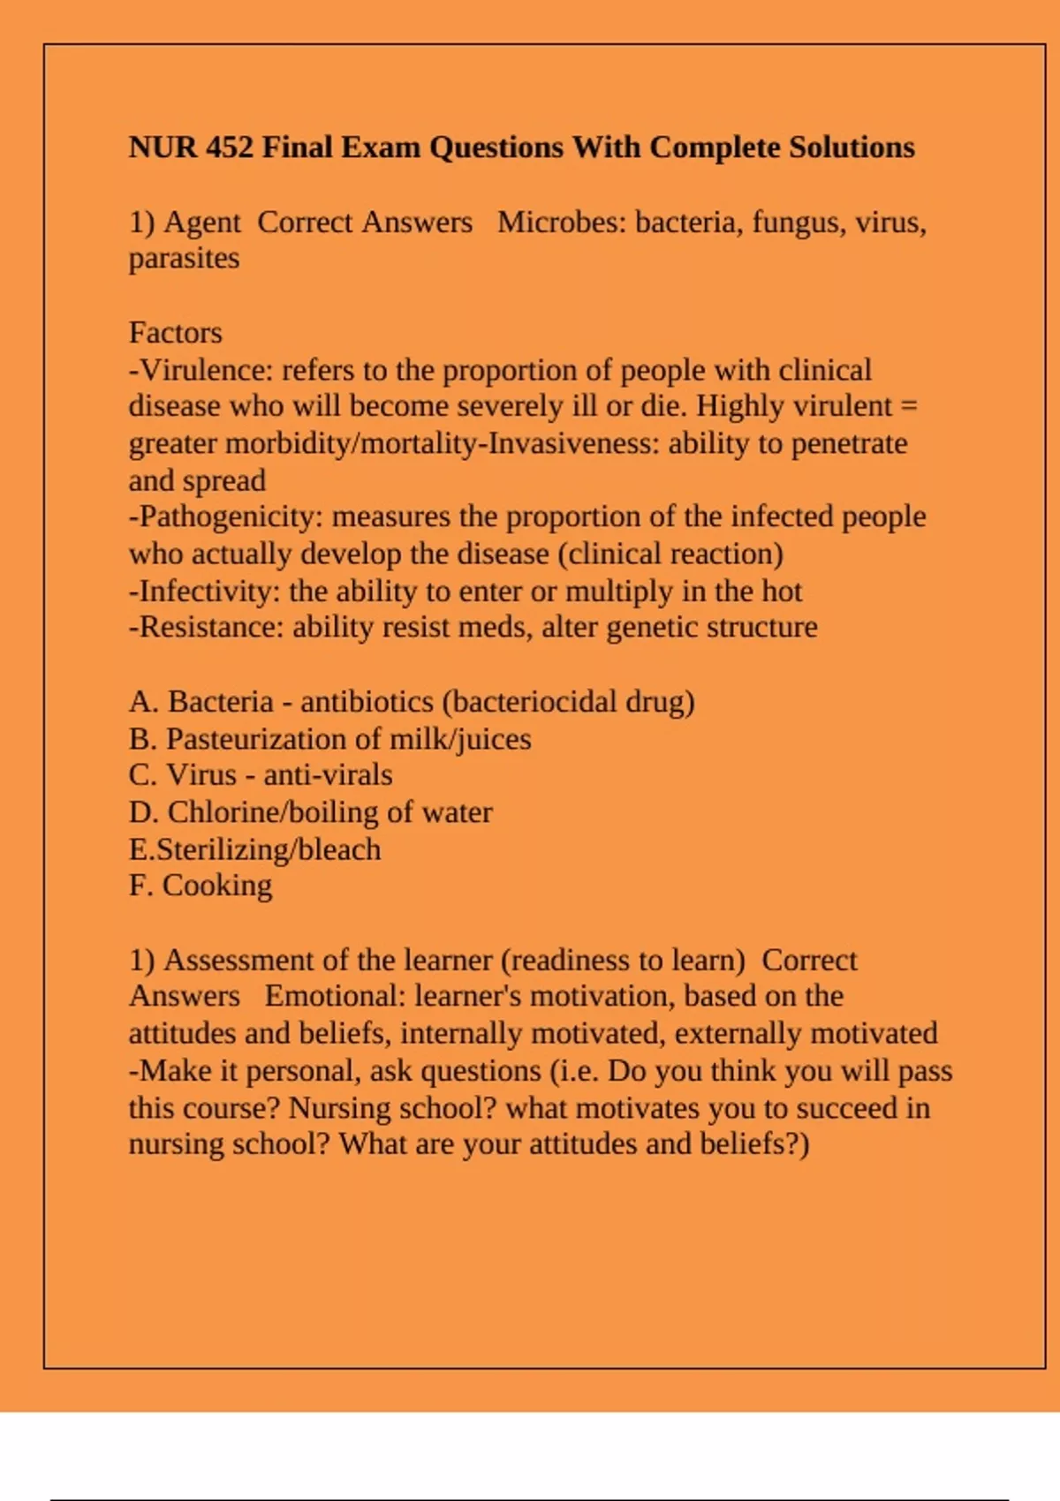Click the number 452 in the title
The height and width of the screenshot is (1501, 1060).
point(229,147)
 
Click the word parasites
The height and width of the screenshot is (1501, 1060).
point(184,259)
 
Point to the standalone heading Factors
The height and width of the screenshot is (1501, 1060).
point(175,333)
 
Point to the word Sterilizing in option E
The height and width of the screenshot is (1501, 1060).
point(221,849)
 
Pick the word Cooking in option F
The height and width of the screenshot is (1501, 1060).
point(217,886)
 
